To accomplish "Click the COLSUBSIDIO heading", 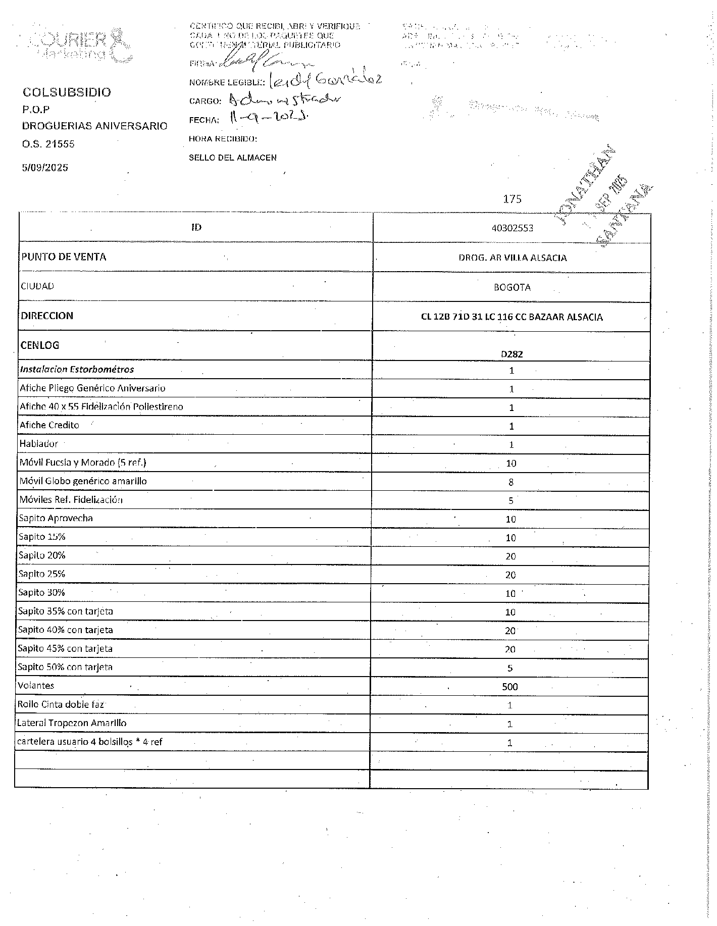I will tap(67, 92).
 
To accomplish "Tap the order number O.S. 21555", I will tap(48, 144).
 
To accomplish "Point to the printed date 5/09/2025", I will tap(45, 168).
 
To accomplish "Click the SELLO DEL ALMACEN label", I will tap(233, 158).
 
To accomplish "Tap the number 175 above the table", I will tap(512, 199).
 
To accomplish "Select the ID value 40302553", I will tap(512, 228).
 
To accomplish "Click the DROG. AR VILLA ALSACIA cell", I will tap(513, 258).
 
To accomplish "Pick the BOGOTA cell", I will tap(512, 287).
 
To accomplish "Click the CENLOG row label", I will tap(40, 345).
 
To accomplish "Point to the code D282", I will tap(511, 354).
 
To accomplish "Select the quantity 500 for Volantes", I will tap(510, 687).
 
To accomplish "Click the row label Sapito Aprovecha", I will tap(56, 518).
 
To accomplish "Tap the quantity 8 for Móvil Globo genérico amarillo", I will tap(511, 482).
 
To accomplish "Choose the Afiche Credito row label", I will tap(49, 425).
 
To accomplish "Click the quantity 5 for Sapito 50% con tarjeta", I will tap(510, 668).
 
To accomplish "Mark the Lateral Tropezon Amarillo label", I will tap(72, 723).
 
